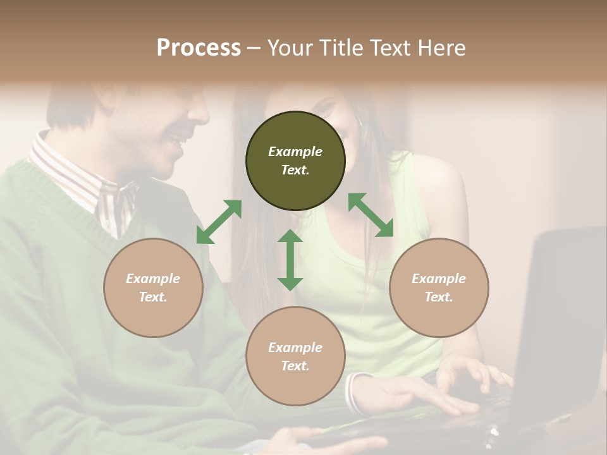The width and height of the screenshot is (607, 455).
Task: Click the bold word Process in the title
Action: (x=199, y=48)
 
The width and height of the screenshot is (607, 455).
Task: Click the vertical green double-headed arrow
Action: (x=290, y=260)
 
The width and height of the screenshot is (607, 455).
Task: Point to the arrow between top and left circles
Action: (x=219, y=222)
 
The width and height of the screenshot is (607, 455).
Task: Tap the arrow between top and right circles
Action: (x=371, y=215)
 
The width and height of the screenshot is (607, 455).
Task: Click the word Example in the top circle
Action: (x=295, y=152)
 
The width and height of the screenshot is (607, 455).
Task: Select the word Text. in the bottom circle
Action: (x=295, y=366)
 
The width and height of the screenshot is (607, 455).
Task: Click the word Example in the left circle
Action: (x=153, y=279)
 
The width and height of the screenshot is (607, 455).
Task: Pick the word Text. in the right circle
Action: (x=439, y=297)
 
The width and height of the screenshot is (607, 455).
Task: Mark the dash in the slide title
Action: (x=254, y=49)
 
